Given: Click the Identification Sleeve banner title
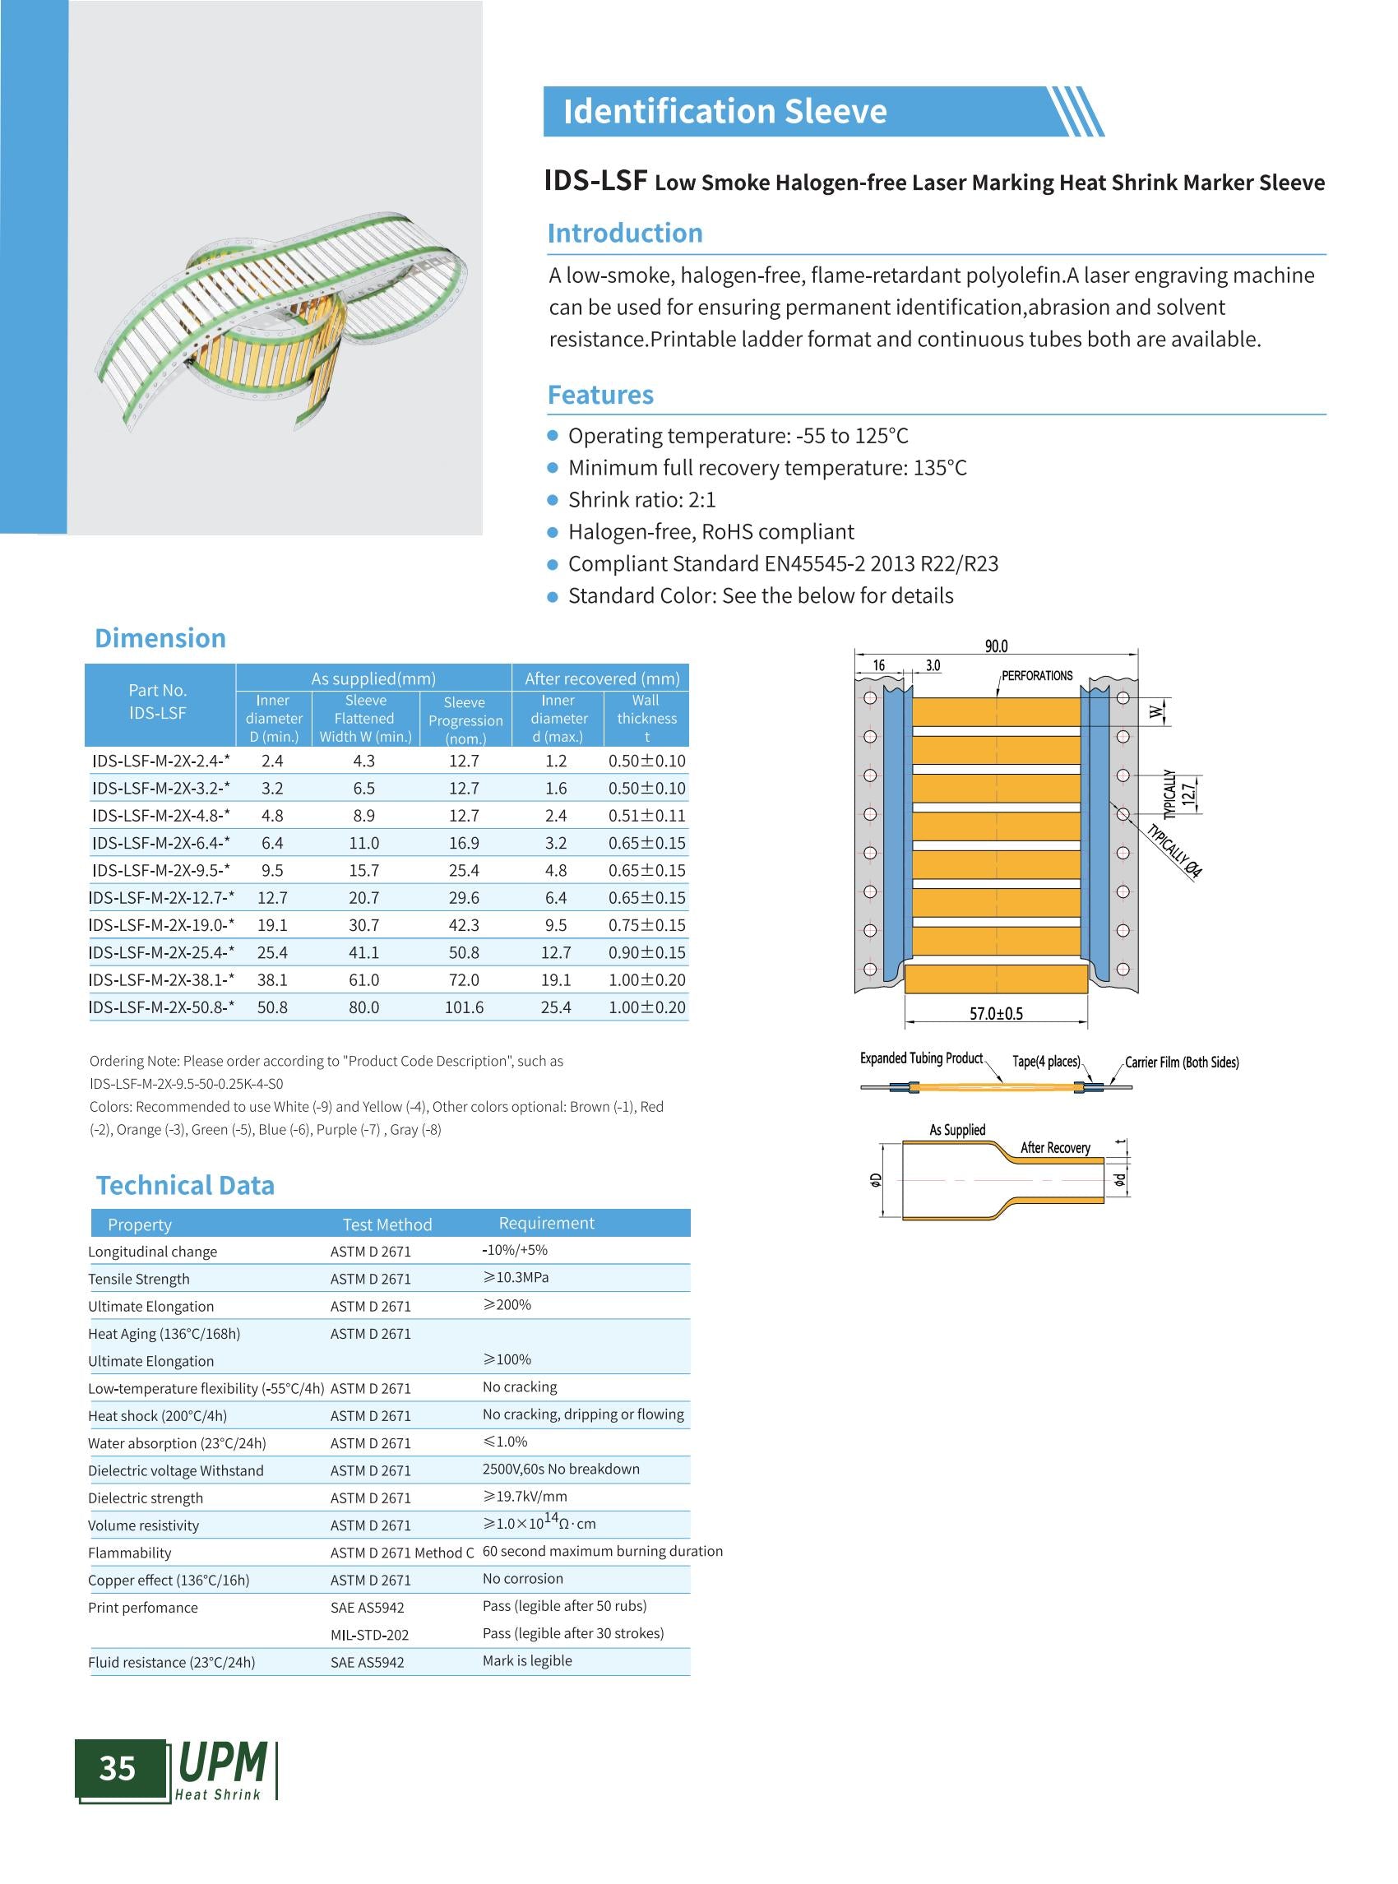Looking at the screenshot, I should pyautogui.click(x=724, y=112).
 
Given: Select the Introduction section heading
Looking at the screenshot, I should pyautogui.click(x=624, y=233).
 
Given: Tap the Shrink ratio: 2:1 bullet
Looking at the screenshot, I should pyautogui.click(x=641, y=499).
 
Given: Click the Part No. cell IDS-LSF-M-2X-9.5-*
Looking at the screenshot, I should pyautogui.click(x=161, y=870).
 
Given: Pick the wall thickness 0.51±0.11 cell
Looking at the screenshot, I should pyautogui.click(x=646, y=815).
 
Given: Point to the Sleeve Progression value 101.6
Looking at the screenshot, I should pyautogui.click(x=464, y=1007).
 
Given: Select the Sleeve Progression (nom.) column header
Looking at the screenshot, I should pyautogui.click(x=465, y=720).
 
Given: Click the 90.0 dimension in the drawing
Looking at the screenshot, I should pyautogui.click(x=996, y=646).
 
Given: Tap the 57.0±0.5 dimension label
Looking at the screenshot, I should pyautogui.click(x=996, y=1013).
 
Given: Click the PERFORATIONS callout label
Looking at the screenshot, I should pyautogui.click(x=1037, y=675).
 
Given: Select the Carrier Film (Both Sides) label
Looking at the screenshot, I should pyautogui.click(x=1182, y=1062).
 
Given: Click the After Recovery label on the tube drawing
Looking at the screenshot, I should pyautogui.click(x=1054, y=1148).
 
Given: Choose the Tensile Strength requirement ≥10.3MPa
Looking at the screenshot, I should pyautogui.click(x=516, y=1277).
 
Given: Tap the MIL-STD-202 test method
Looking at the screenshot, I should pyautogui.click(x=369, y=1634).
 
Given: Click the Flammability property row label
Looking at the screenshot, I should pyautogui.click(x=129, y=1553).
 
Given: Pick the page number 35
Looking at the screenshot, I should pyautogui.click(x=118, y=1768).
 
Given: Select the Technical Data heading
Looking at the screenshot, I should pyautogui.click(x=184, y=1185).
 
